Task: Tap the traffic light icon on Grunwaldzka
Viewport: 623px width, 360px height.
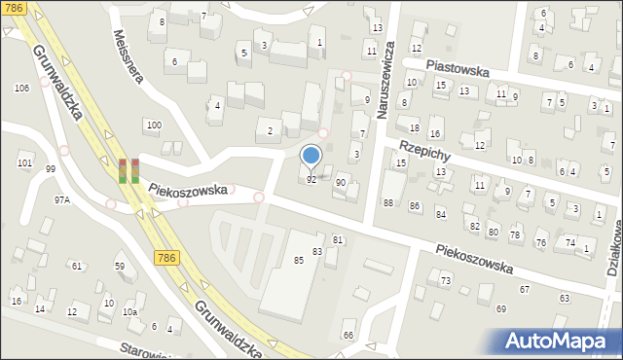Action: coord(128,170)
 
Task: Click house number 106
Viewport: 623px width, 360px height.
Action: coord(21,89)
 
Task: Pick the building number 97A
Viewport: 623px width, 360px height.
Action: coord(61,199)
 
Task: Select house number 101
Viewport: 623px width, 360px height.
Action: coord(24,163)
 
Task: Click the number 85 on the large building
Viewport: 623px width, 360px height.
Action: coord(299,260)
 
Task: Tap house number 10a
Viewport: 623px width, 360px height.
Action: coord(129,312)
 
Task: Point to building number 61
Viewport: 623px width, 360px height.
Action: coord(76,266)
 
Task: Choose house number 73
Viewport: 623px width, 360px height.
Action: coord(445,280)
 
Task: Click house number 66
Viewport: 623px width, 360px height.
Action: coord(348,336)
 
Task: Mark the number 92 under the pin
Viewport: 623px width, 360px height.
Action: coord(311,180)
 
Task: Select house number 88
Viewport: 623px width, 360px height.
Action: coord(388,202)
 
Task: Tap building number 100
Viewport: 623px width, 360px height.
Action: coord(153,126)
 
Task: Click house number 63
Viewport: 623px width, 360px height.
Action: coord(565,299)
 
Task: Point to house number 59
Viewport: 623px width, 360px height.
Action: coord(120,266)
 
